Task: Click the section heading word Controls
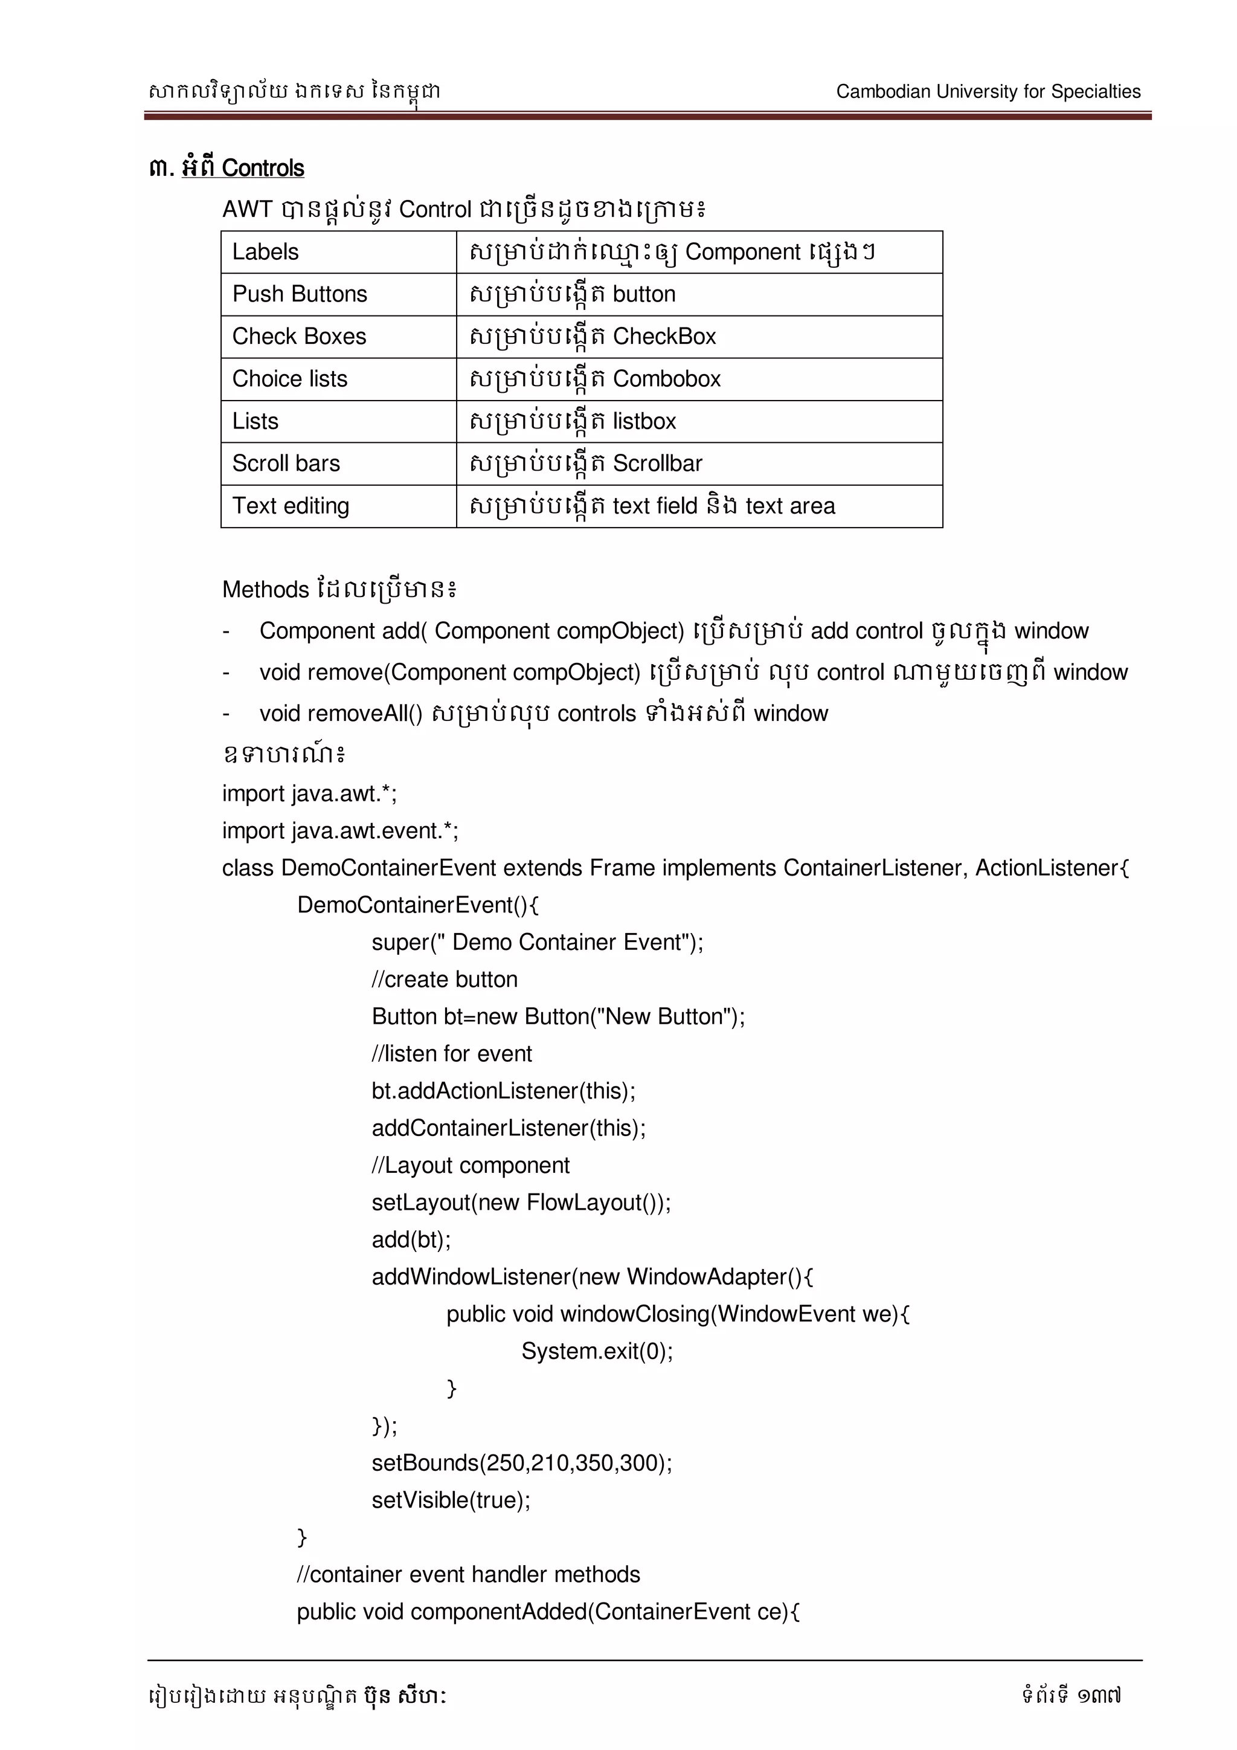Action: pyautogui.click(x=263, y=169)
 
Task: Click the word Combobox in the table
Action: pyautogui.click(x=666, y=379)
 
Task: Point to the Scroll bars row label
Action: pyautogui.click(x=286, y=463)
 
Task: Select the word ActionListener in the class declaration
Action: pyautogui.click(x=1047, y=868)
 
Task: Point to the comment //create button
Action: pyautogui.click(x=444, y=980)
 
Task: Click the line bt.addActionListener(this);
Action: pyautogui.click(x=503, y=1091)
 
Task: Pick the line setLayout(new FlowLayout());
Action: pyautogui.click(x=521, y=1203)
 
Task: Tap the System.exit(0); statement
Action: pyautogui.click(x=596, y=1351)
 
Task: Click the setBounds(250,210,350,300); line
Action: pyautogui.click(x=521, y=1464)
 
